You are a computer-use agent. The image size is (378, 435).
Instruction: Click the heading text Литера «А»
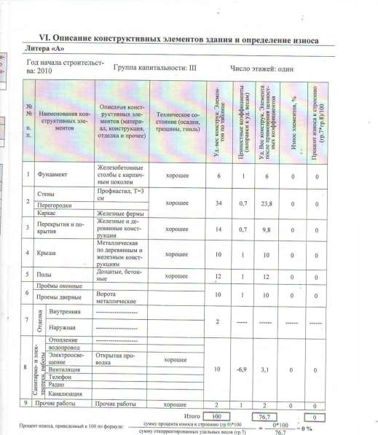(x=46, y=47)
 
